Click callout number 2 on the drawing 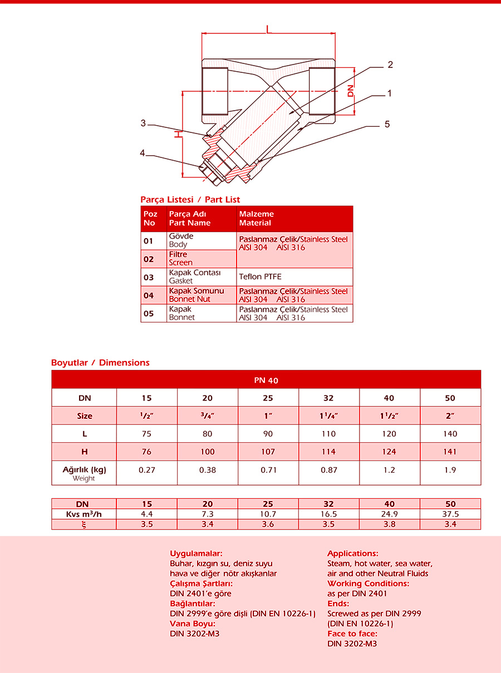(x=390, y=65)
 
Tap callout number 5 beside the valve (x=387, y=124)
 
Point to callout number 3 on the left (x=143, y=123)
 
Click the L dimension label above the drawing (x=269, y=28)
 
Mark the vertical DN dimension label (x=351, y=91)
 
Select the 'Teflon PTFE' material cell (x=261, y=276)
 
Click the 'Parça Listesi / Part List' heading (x=190, y=199)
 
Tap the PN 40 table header (x=266, y=380)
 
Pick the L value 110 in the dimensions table (x=329, y=434)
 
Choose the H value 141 (x=450, y=452)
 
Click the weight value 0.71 (x=268, y=470)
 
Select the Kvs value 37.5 (x=450, y=514)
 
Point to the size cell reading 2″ (x=450, y=415)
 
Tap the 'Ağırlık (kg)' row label (x=84, y=469)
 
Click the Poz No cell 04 (x=149, y=295)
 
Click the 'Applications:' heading (x=353, y=553)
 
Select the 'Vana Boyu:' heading (x=193, y=623)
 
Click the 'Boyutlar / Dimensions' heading (x=100, y=363)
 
